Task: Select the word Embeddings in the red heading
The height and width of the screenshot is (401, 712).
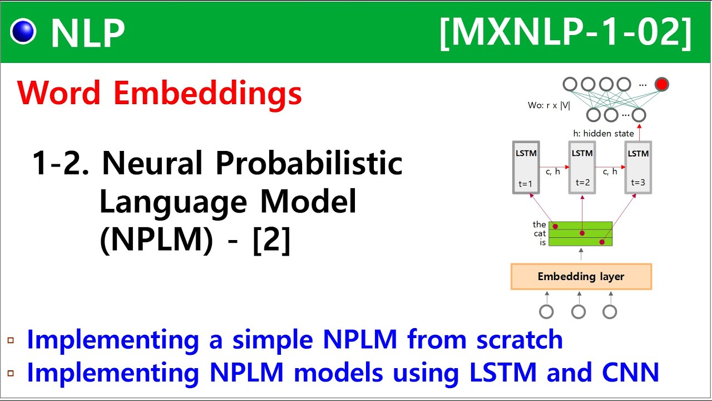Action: (x=207, y=93)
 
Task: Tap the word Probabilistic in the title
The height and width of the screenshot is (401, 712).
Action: (x=309, y=164)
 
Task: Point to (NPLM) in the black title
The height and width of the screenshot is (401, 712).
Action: (x=156, y=241)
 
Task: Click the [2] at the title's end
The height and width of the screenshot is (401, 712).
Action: (x=271, y=241)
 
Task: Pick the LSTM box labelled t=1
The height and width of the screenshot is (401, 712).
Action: (x=526, y=167)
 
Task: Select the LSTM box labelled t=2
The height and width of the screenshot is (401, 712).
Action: (x=582, y=167)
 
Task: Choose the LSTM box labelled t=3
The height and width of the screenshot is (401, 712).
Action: (x=638, y=167)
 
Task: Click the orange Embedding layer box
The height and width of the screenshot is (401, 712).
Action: (x=581, y=277)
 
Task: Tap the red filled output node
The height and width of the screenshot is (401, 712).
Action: (x=661, y=85)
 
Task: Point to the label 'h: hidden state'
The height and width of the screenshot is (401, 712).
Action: (x=603, y=134)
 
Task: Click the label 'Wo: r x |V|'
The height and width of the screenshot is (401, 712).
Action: (x=549, y=105)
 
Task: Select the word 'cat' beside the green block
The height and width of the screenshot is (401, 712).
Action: (x=540, y=233)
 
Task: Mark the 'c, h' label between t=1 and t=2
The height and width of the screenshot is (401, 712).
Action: (x=553, y=172)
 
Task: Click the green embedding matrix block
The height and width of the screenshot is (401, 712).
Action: (x=581, y=234)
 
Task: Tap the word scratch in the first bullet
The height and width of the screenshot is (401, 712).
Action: (x=519, y=339)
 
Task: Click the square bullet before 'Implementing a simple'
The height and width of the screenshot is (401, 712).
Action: (x=11, y=340)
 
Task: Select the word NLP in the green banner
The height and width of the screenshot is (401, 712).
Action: (x=87, y=33)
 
